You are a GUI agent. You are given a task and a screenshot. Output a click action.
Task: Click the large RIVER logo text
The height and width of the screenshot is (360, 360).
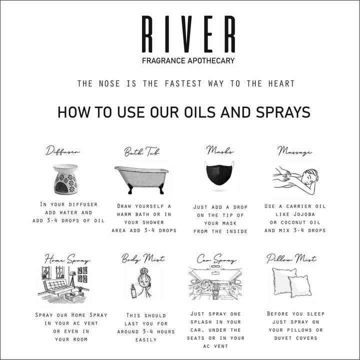tap(188, 34)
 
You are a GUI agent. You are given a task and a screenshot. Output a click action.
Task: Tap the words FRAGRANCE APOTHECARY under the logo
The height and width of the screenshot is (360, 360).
tap(188, 60)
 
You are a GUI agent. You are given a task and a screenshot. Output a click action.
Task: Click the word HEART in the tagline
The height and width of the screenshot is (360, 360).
tap(281, 83)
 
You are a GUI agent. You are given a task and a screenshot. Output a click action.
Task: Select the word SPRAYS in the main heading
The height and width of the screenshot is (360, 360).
tap(283, 112)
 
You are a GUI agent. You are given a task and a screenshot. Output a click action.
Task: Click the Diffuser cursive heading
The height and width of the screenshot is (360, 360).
tap(62, 150)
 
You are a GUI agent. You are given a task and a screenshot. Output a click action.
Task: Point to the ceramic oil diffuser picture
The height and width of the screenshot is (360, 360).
tap(65, 179)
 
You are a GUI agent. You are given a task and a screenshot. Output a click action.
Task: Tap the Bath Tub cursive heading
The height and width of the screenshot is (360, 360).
tap(141, 151)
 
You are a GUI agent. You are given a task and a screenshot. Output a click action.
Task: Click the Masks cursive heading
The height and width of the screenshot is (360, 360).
tap(219, 150)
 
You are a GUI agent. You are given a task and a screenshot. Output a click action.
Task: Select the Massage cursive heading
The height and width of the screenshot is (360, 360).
tap(294, 151)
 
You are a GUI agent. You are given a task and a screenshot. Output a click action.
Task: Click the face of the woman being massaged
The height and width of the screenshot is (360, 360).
tap(309, 177)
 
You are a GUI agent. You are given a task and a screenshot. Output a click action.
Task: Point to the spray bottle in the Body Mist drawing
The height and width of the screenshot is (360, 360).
tap(134, 291)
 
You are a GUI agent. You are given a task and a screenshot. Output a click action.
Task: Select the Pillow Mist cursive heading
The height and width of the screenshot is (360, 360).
tap(291, 258)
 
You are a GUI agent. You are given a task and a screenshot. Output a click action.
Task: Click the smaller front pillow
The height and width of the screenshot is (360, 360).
tap(300, 286)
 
